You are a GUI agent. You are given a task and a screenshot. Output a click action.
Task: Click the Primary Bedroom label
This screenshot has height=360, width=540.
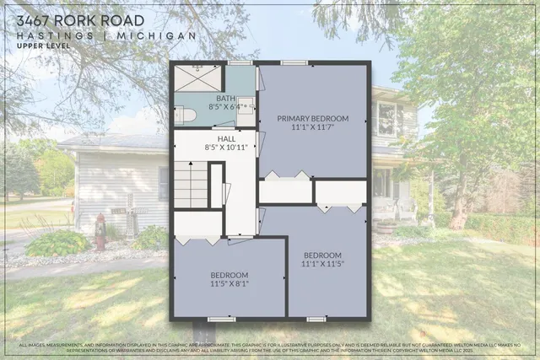311,119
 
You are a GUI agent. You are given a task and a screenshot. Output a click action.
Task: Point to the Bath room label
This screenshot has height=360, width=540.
202,99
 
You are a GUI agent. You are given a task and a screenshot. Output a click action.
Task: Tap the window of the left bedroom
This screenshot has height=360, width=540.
222,319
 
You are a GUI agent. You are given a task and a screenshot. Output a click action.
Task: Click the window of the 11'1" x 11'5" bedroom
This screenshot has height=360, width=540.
316,319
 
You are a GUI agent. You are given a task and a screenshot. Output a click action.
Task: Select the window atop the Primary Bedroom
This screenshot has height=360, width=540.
294,62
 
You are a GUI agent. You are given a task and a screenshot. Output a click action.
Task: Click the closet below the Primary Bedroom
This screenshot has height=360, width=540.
285,191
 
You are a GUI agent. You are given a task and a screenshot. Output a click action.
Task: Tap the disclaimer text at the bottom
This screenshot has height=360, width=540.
270,347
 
